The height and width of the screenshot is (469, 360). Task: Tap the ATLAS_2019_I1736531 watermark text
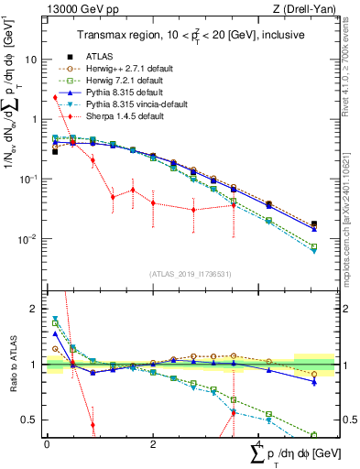click(190, 273)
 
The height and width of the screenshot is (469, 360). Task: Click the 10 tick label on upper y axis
click(30, 59)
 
